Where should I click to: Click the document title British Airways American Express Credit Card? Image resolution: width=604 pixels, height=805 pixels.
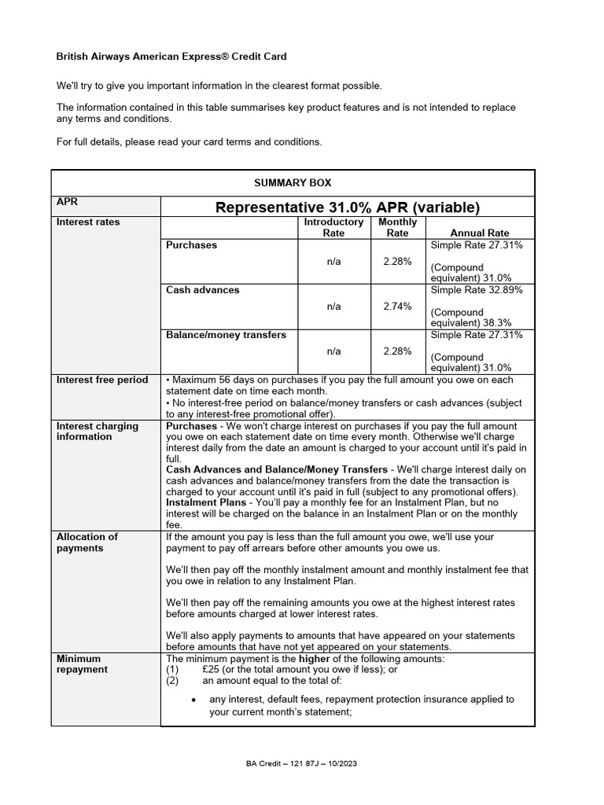171,57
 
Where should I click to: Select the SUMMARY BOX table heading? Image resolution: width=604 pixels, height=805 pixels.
293,182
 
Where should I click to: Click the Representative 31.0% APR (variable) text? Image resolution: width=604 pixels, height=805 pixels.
347,208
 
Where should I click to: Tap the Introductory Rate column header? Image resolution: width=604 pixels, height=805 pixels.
333,227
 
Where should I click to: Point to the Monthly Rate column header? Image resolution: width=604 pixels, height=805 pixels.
397,227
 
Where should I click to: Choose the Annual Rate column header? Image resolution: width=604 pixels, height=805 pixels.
479,233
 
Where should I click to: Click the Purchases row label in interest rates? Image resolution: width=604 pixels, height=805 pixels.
191,245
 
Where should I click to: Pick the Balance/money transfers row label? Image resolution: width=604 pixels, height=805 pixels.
226,335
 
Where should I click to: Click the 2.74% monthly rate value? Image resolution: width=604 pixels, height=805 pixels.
397,307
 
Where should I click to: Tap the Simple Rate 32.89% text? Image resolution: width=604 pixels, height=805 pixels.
477,290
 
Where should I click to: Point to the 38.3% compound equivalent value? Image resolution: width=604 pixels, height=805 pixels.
497,322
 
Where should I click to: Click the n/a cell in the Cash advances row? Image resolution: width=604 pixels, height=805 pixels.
333,307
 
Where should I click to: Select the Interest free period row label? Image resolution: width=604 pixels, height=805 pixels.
101,380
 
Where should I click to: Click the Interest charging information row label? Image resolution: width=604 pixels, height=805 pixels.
97,431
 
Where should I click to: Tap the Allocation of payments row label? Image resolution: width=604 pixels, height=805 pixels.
87,542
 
